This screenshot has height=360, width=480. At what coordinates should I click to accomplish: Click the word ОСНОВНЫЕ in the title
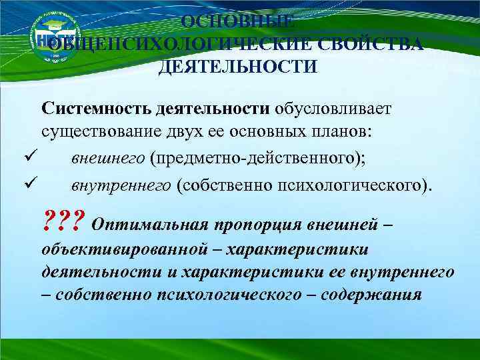237,21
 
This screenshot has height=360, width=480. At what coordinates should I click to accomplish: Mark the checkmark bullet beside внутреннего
26,181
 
